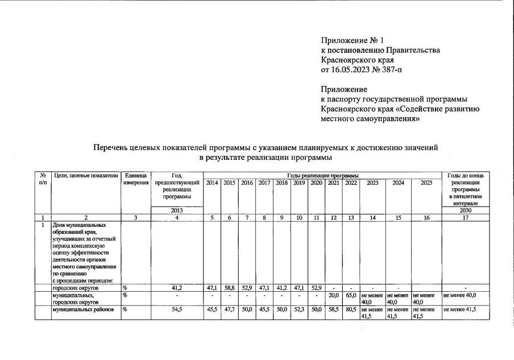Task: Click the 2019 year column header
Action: coord(299,183)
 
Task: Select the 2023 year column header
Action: coord(372,183)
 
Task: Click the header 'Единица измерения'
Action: coord(135,179)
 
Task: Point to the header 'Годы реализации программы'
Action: coord(322,175)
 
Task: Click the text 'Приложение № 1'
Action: coord(353,40)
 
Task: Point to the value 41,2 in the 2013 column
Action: coord(176,288)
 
